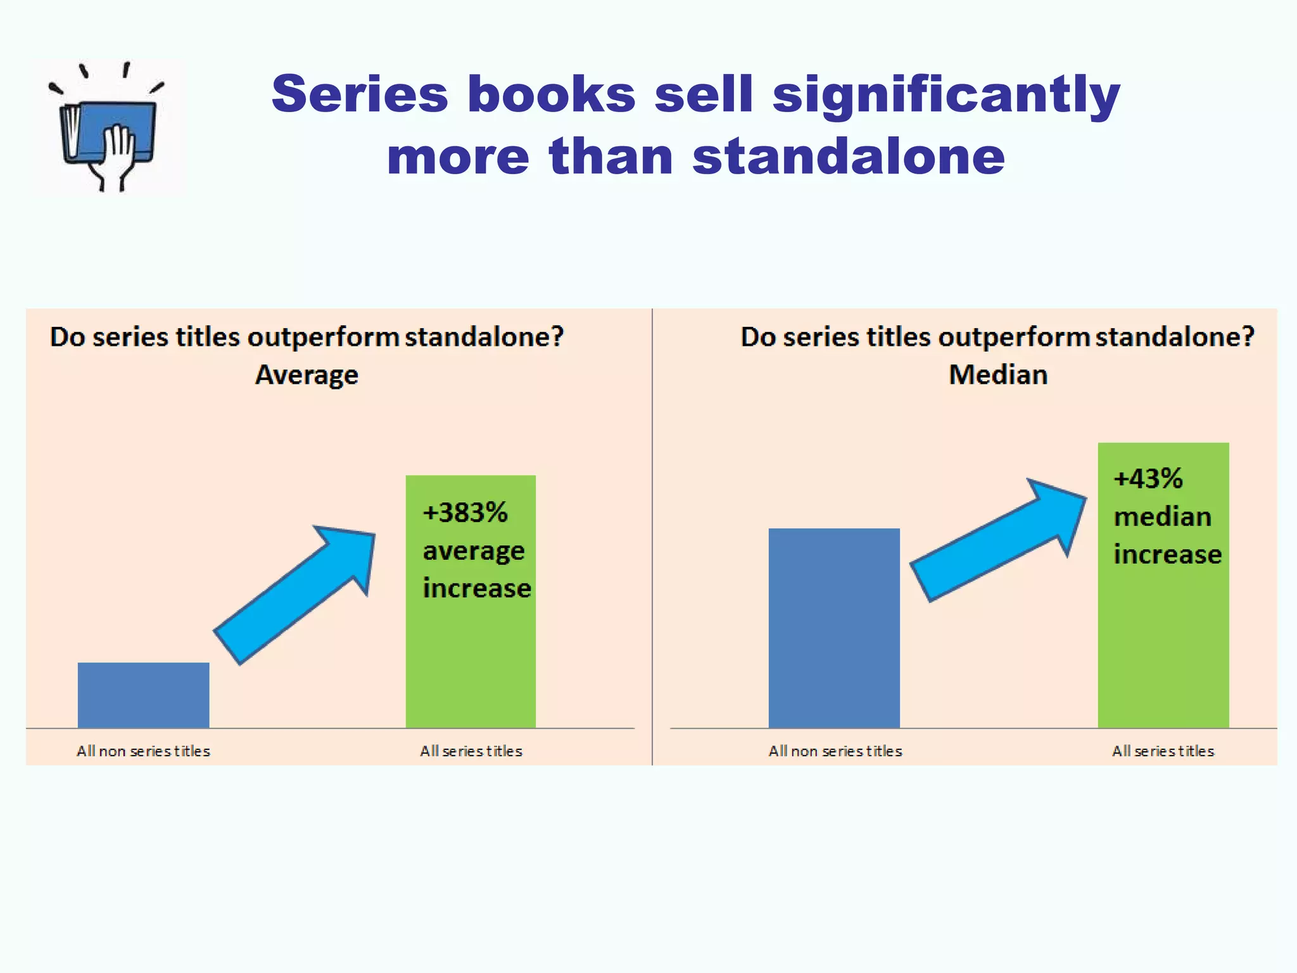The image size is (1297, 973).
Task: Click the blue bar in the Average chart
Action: [143, 695]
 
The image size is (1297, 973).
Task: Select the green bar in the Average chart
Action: [471, 659]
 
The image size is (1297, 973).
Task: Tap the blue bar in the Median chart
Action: [834, 628]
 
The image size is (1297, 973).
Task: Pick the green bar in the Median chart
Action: [1163, 646]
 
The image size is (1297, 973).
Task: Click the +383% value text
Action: [465, 512]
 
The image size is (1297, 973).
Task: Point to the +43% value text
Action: [1148, 478]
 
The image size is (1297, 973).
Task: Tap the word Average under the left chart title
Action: [307, 375]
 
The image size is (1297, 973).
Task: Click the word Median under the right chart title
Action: [998, 375]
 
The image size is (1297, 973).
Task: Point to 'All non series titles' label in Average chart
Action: [143, 751]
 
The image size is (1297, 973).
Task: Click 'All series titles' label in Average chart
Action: [471, 751]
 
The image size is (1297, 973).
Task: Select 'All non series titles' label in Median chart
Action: [835, 751]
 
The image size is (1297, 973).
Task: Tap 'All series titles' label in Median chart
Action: [1163, 751]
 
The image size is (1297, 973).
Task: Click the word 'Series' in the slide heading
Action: [360, 94]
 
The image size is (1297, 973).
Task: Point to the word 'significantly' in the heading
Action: [946, 94]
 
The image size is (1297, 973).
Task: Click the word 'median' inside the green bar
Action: [1163, 517]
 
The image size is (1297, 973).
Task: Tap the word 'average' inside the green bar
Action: [474, 551]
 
